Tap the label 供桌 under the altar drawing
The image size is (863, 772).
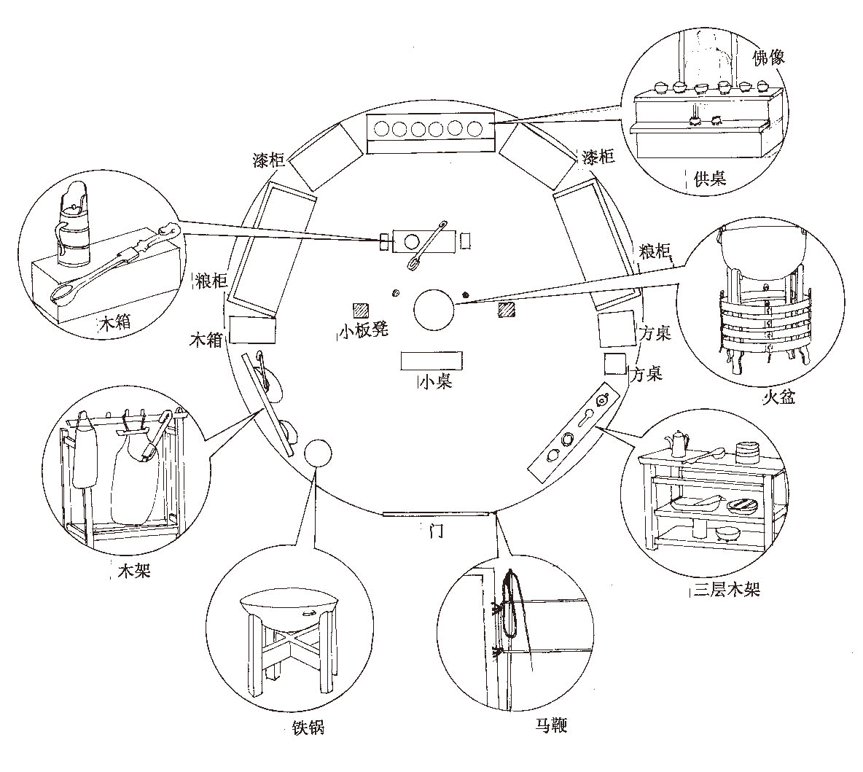[x=709, y=177]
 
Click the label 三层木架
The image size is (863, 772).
[x=726, y=590]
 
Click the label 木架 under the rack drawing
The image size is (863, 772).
[x=135, y=571]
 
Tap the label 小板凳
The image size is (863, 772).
[x=364, y=330]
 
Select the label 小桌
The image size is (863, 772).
[x=436, y=381]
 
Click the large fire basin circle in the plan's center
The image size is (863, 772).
[x=434, y=308]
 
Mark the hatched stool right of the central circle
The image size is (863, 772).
[x=506, y=311]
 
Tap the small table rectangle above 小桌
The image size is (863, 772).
[x=431, y=359]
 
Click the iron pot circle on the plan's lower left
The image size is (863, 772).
[x=317, y=453]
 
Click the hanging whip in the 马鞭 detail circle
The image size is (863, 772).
[x=514, y=601]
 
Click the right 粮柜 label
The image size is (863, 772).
[x=653, y=252]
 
